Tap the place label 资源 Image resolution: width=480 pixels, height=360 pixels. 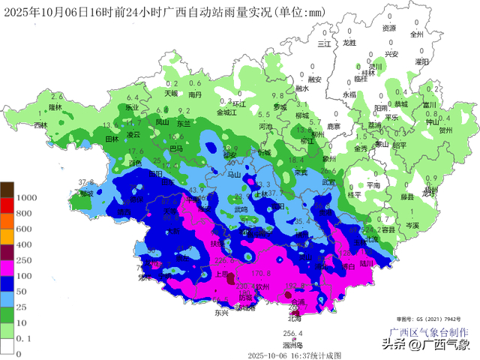pyautogui.click(x=388, y=28)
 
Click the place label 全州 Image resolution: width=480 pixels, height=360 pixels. pyautogui.click(x=417, y=34)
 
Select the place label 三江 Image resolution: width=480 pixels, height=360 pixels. pyautogui.click(x=324, y=44)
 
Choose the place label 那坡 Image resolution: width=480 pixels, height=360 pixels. pyautogui.click(x=85, y=193)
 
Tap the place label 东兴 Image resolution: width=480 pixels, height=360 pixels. pyautogui.click(x=220, y=313)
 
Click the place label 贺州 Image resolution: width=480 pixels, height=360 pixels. pyautogui.click(x=446, y=129)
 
